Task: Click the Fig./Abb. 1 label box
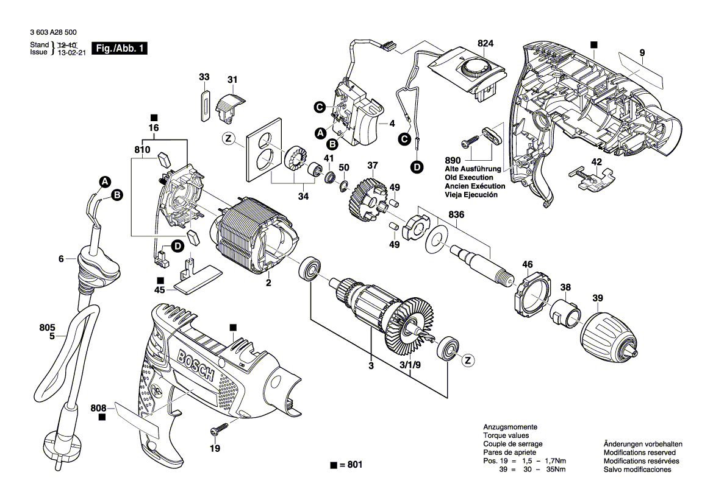(x=118, y=49)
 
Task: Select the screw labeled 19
(x=218, y=430)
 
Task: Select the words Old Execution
(x=469, y=177)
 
